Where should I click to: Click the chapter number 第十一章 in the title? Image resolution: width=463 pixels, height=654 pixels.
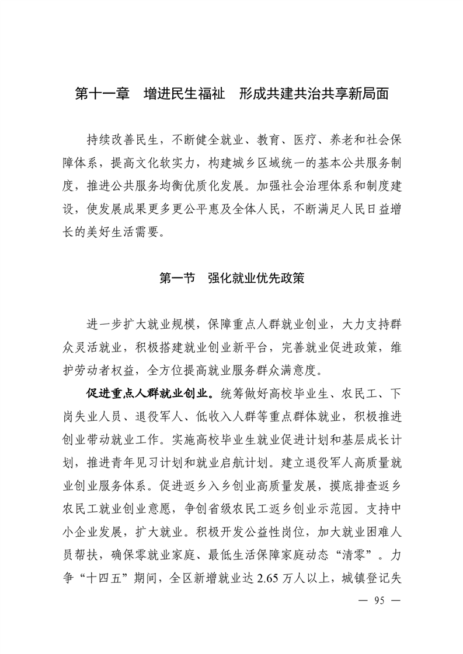tap(102, 94)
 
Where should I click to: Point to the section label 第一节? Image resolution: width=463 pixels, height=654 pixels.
tap(177, 279)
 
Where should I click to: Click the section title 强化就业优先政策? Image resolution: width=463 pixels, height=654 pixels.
tap(256, 279)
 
